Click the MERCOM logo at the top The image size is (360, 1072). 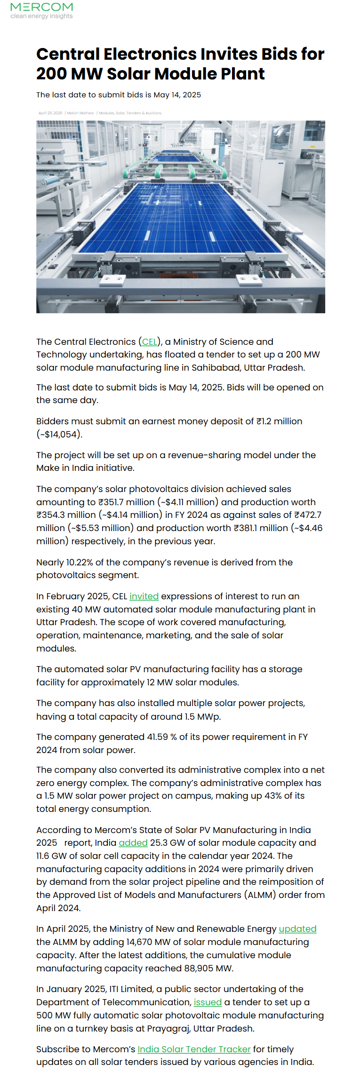[x=41, y=8]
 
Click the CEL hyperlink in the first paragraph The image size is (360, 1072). [x=150, y=342]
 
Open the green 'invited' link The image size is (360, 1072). [x=144, y=596]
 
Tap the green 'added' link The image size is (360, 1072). [x=133, y=843]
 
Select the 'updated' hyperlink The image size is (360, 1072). [x=297, y=929]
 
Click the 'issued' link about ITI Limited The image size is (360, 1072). [x=208, y=1002]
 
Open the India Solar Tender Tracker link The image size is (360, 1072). [x=194, y=1049]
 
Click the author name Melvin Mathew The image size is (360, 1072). [x=80, y=113]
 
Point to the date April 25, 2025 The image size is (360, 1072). [x=50, y=113]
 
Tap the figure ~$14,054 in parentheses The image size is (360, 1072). [x=60, y=435]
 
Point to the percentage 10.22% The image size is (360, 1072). [x=79, y=563]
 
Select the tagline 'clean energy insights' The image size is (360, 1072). [x=42, y=16]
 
